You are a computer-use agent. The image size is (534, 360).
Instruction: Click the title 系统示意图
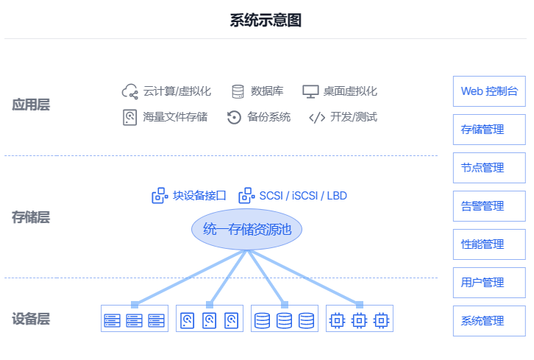(x=266, y=20)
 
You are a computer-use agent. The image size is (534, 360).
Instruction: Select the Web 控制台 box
(x=489, y=91)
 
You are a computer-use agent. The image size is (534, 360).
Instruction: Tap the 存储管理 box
(x=489, y=130)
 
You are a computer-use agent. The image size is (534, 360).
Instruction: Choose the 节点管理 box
(x=489, y=168)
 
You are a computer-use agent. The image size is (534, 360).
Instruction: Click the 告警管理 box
(x=489, y=206)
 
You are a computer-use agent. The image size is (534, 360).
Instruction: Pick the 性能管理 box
(x=489, y=244)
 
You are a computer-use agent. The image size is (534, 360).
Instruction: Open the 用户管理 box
(x=489, y=283)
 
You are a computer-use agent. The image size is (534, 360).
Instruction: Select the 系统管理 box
(x=489, y=321)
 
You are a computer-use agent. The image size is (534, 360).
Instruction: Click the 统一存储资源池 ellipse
(x=247, y=230)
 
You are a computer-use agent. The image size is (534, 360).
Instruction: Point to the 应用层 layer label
(x=31, y=105)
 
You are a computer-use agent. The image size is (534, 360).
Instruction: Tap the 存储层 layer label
(x=31, y=217)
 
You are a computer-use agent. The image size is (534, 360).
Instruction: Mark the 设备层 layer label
(x=31, y=319)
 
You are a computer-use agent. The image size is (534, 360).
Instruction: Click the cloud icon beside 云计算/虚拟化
(x=130, y=91)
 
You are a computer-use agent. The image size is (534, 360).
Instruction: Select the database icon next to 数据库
(x=238, y=91)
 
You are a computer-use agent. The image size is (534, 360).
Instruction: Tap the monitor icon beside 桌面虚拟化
(x=310, y=91)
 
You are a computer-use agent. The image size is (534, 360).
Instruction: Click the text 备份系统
(x=268, y=117)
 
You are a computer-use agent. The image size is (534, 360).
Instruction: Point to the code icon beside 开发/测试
(x=317, y=117)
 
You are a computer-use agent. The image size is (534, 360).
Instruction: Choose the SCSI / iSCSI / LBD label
(x=302, y=196)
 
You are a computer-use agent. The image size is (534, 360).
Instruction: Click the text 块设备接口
(x=199, y=196)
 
